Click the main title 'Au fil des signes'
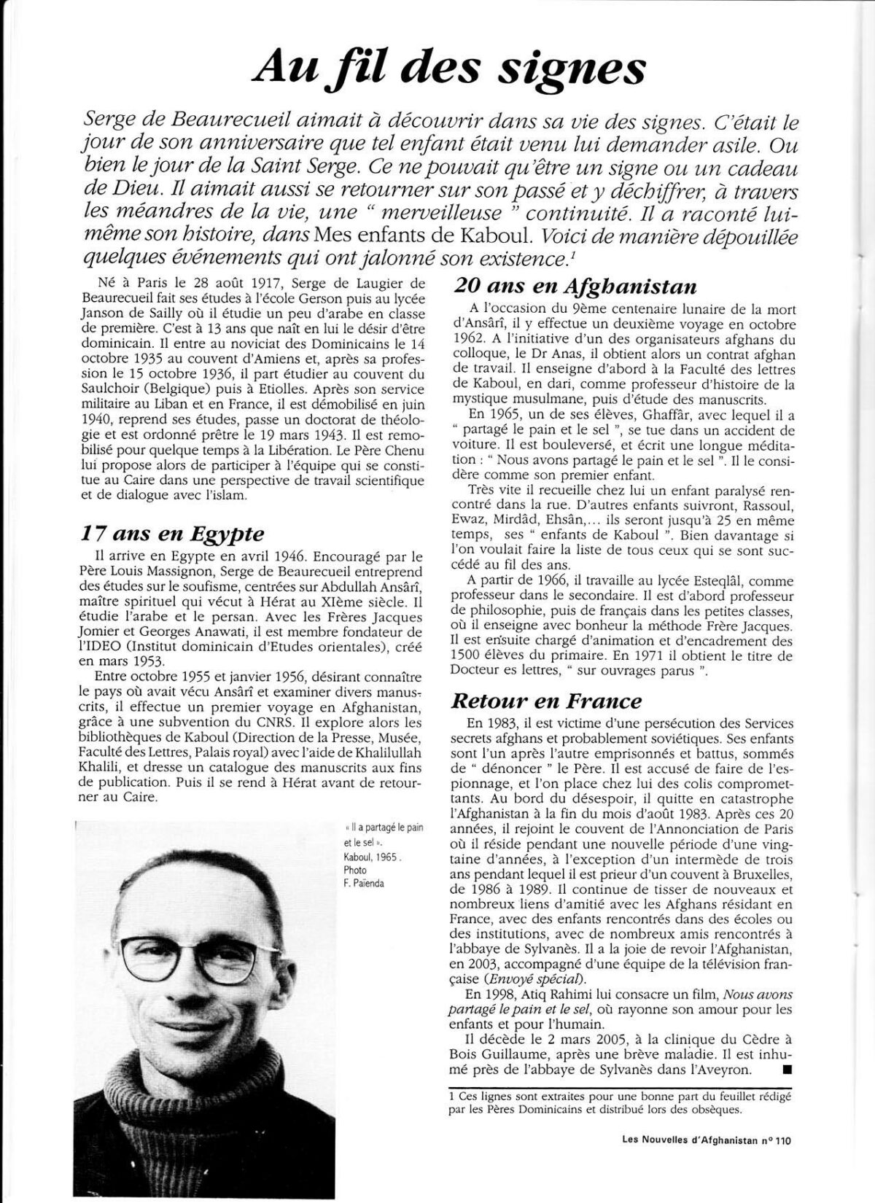coord(447,71)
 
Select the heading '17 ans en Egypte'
coord(173,533)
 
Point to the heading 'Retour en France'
coord(547,701)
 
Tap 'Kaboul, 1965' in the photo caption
coord(370,858)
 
